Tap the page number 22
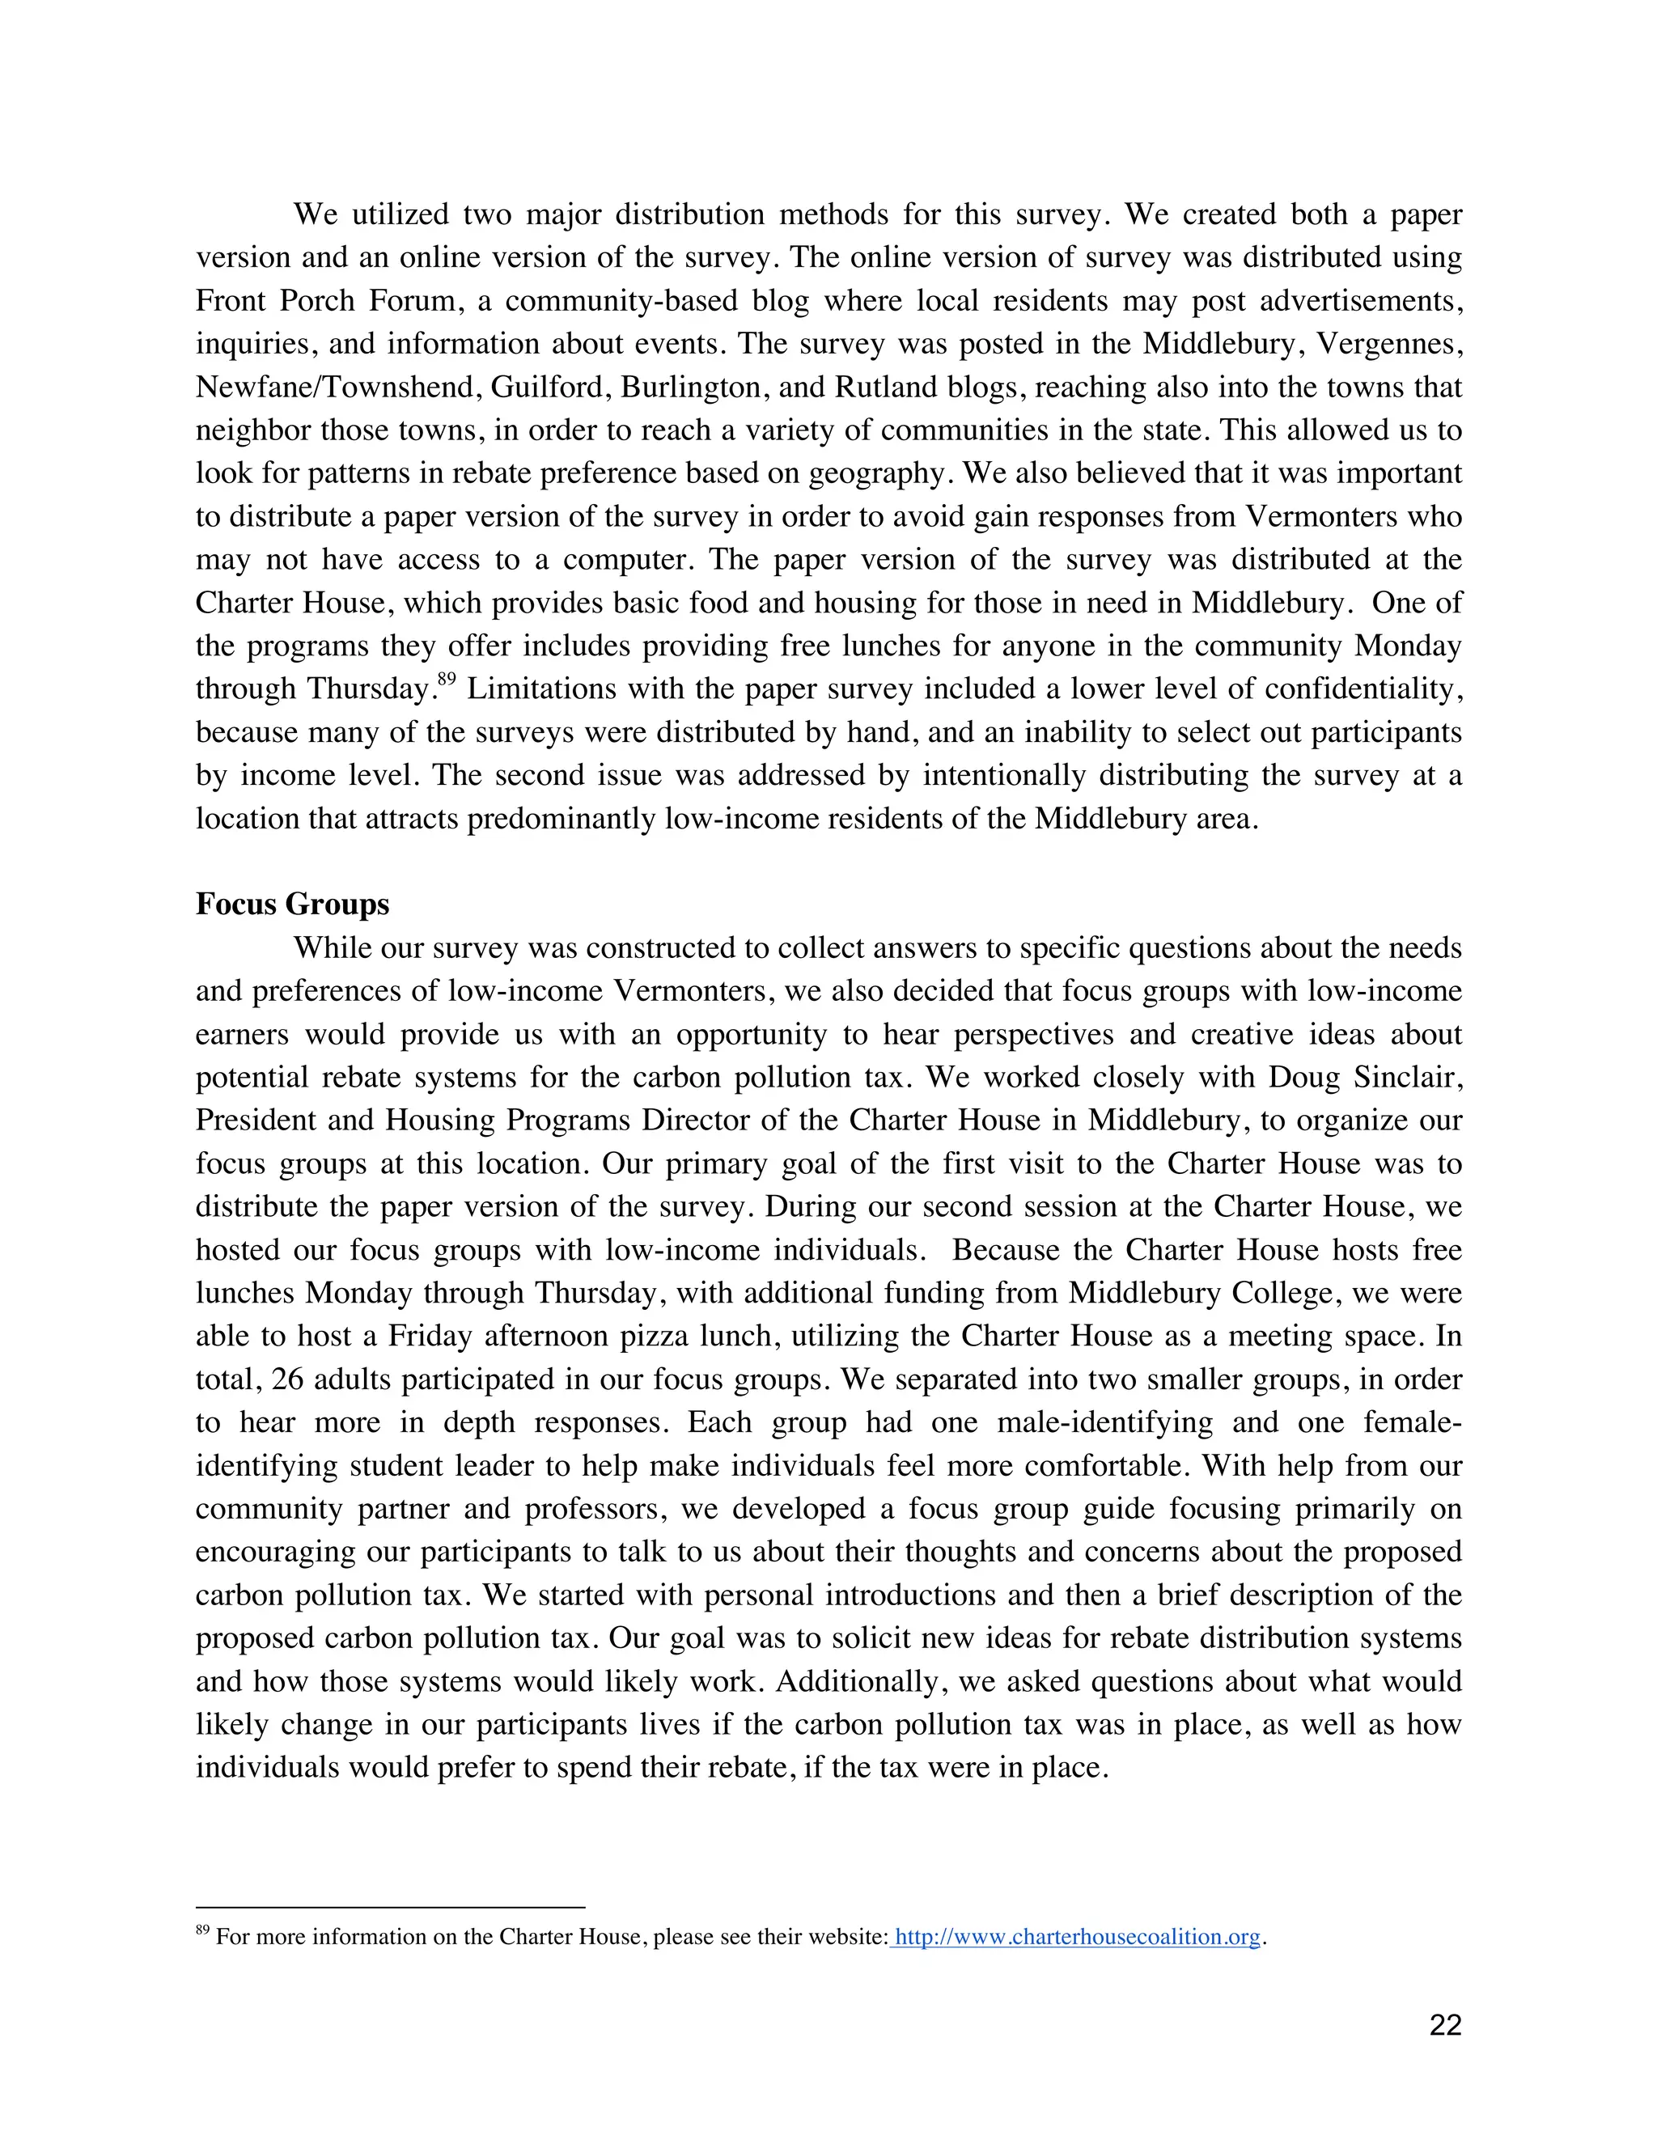point(1445,2025)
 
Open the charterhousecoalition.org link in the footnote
point(1077,1937)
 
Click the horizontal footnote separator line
point(390,1908)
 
